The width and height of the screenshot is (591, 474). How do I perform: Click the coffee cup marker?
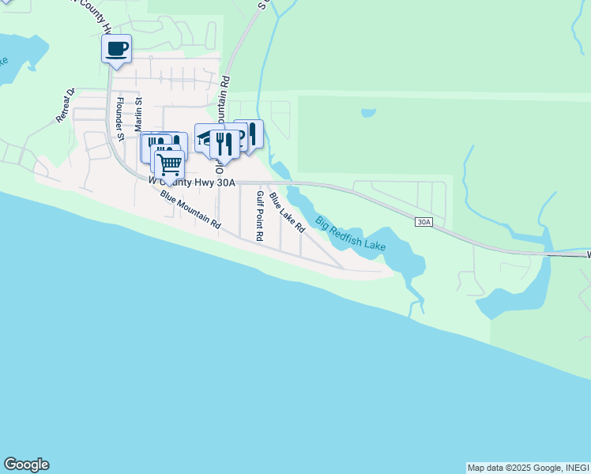[x=116, y=49]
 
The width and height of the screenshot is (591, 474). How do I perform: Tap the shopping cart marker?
[x=168, y=166]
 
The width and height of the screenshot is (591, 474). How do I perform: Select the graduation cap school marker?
[x=207, y=137]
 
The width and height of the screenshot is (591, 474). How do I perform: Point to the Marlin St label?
[x=138, y=115]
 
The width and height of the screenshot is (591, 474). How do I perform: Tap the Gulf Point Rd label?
[x=259, y=216]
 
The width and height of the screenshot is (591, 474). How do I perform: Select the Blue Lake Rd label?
[x=287, y=213]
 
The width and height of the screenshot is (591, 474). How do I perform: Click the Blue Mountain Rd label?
[x=190, y=209]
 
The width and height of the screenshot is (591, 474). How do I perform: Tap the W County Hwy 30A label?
[x=192, y=181]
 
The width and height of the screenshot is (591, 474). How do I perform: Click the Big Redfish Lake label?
[x=350, y=234]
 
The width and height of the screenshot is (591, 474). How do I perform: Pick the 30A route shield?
[x=423, y=222]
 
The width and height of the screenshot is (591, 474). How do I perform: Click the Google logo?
[x=26, y=465]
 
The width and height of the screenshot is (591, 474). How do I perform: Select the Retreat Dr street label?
[x=65, y=104]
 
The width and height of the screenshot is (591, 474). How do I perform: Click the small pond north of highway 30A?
[x=368, y=113]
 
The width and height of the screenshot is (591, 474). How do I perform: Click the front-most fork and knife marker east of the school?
[x=225, y=144]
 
